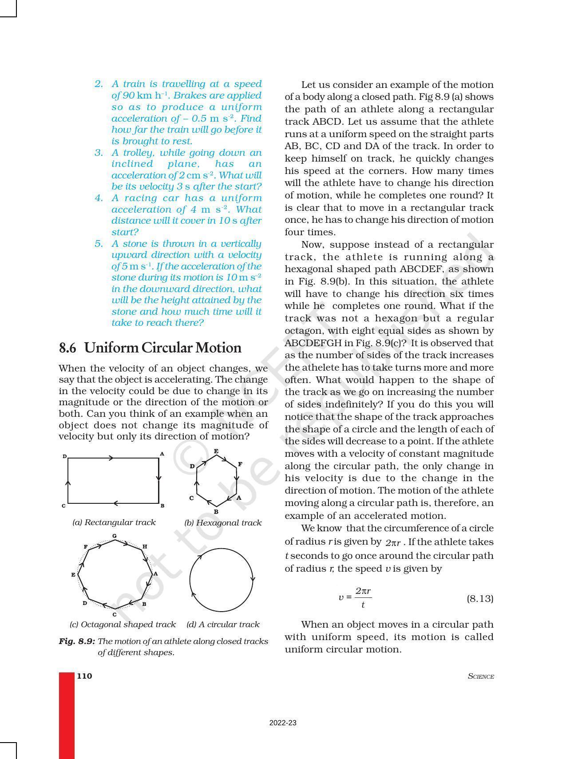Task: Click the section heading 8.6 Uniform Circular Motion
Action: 150,348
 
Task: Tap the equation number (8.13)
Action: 480,598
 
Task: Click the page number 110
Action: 84,676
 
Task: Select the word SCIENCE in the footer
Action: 481,676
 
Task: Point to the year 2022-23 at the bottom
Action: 283,723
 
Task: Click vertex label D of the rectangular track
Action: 65,456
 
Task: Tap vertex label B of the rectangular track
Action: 162,506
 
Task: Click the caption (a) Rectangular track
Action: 114,522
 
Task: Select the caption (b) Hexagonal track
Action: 223,523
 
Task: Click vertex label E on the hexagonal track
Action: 216,451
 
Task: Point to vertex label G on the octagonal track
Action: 115,536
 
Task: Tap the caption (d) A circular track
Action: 223,625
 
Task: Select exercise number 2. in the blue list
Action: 99,84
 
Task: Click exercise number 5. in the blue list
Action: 99,244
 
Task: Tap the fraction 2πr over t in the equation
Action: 363,598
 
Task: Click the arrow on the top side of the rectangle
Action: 111,458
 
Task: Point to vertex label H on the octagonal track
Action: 145,547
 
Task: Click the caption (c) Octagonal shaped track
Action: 123,625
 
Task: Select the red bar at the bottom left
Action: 67,715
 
